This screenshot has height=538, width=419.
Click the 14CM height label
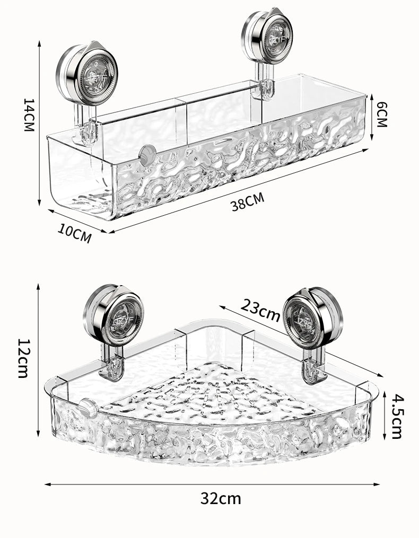pos(29,115)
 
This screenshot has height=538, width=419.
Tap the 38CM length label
pos(247,202)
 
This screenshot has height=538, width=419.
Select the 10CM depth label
pos(75,233)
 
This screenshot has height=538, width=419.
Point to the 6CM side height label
pos(381,114)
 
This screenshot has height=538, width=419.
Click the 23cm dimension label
pos(260,310)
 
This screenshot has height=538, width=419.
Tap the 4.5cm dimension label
pos(396,416)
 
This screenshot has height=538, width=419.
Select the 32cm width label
pos(221,498)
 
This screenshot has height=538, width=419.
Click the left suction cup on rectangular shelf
pos(87,73)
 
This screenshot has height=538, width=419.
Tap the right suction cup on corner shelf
pos(312,317)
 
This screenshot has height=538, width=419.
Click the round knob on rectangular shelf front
pos(147,154)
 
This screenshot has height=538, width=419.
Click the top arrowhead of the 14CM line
pos(39,42)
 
